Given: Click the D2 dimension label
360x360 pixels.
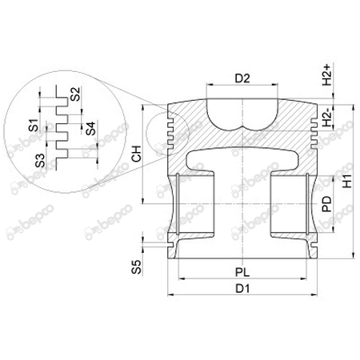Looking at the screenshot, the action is click(242, 78).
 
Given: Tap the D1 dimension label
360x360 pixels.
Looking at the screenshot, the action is click(242, 289).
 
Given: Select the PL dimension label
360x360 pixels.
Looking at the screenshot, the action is click(242, 272).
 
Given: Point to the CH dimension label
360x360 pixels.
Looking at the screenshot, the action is click(137, 154).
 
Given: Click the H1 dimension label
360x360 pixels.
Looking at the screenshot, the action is click(348, 182).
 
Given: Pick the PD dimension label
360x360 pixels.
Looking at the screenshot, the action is click(327, 204).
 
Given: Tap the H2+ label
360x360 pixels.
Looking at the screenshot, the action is click(327, 74).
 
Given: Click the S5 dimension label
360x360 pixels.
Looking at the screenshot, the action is click(136, 267).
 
